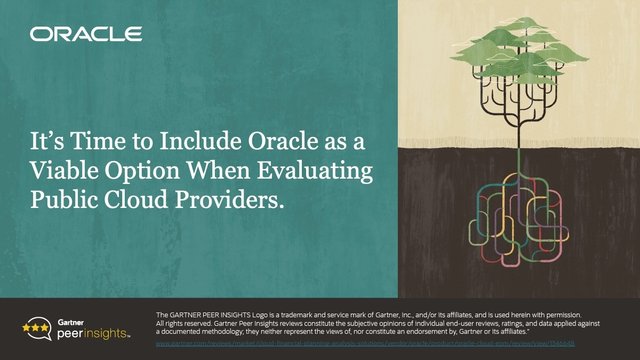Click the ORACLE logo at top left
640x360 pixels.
click(x=85, y=35)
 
